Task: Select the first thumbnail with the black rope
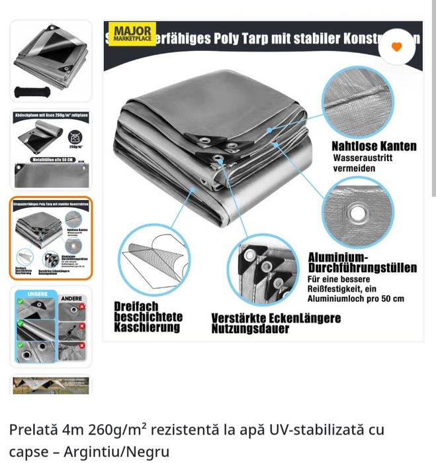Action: [x=51, y=61]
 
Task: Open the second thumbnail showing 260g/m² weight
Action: [x=51, y=150]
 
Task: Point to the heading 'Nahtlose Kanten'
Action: [x=374, y=146]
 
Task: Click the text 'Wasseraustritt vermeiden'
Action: [x=355, y=164]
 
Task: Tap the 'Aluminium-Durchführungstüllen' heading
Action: [x=362, y=262]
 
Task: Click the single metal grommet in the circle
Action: [x=357, y=213]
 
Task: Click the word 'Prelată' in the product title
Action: [x=30, y=430]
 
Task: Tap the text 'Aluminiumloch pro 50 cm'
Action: [x=356, y=299]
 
